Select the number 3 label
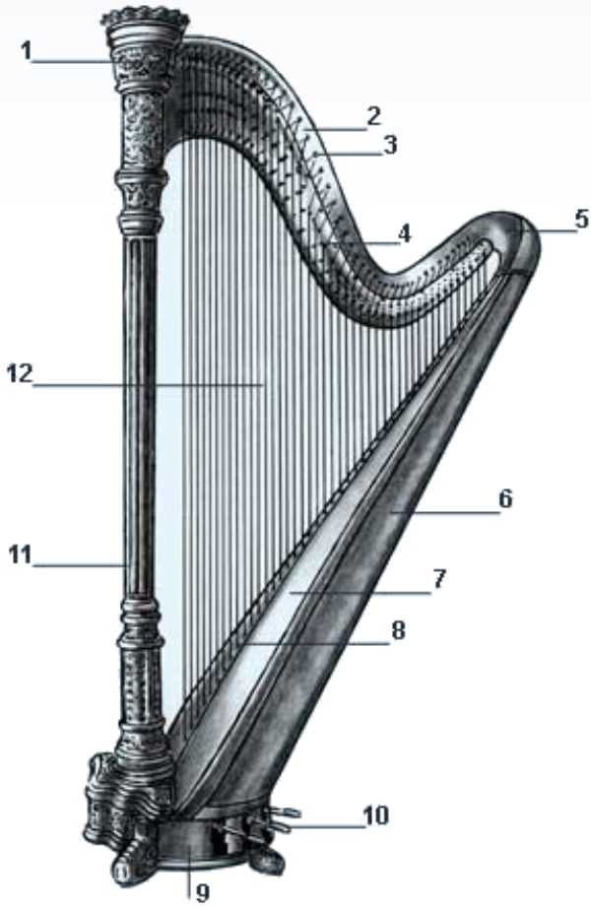389,145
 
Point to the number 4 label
404,233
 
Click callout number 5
580,219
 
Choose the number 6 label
504,498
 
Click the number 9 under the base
203,892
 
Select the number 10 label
374,815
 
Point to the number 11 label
19,554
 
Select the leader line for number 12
148,385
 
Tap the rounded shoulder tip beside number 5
522,236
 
